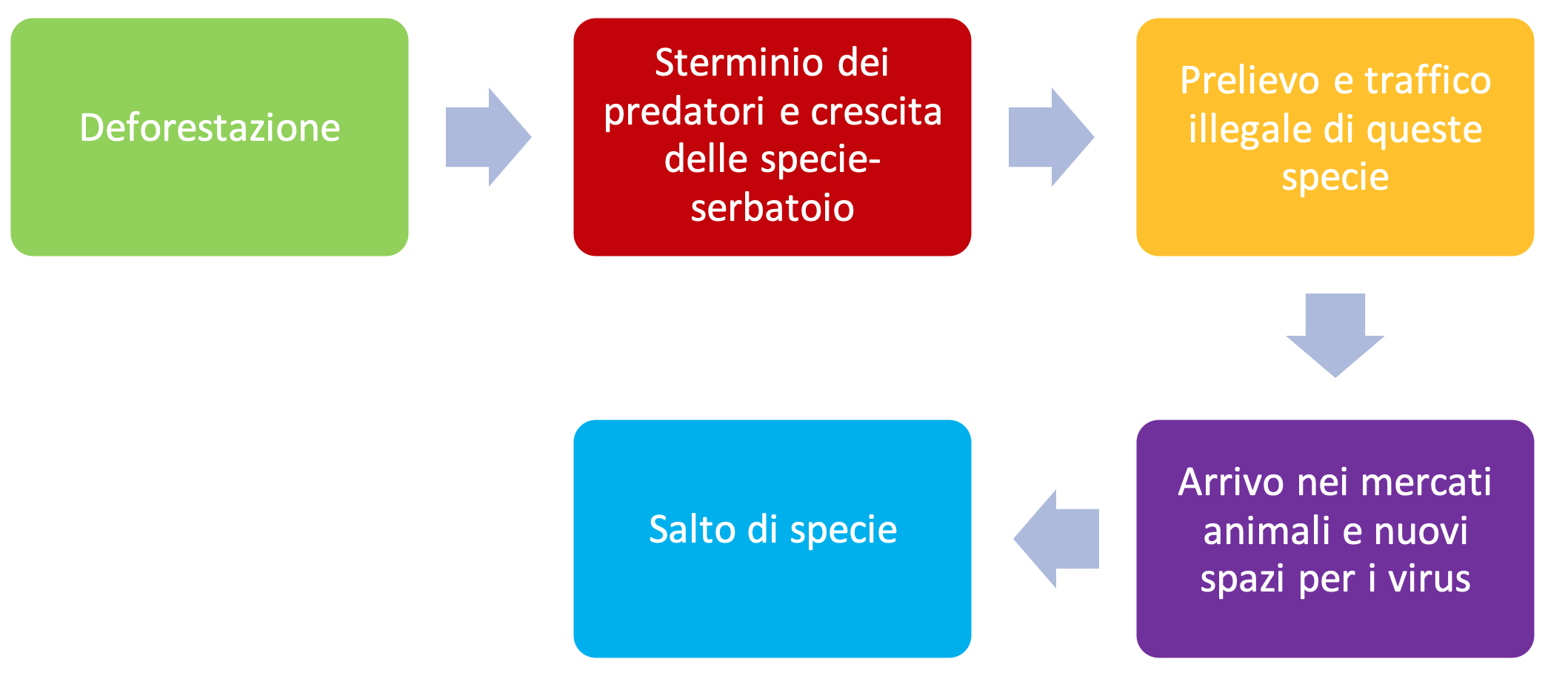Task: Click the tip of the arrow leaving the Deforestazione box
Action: click(x=531, y=137)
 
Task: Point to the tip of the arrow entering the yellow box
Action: click(x=1094, y=137)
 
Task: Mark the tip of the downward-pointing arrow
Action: click(x=1335, y=377)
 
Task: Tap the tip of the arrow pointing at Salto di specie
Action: click(x=1014, y=539)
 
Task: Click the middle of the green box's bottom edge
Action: click(x=210, y=256)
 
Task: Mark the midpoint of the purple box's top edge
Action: click(x=1335, y=420)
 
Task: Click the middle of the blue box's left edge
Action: click(x=574, y=539)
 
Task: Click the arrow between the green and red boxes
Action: click(x=489, y=137)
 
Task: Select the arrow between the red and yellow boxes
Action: click(x=1052, y=137)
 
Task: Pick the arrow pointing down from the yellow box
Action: click(x=1335, y=335)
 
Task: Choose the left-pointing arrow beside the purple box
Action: click(x=1056, y=539)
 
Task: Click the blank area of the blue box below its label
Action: click(x=772, y=604)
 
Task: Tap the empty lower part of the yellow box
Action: click(x=1335, y=226)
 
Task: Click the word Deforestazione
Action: click(x=210, y=127)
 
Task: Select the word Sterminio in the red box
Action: click(x=739, y=62)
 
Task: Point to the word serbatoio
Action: click(x=772, y=208)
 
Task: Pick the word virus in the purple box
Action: click(x=1429, y=579)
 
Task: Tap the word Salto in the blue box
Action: click(x=693, y=529)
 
